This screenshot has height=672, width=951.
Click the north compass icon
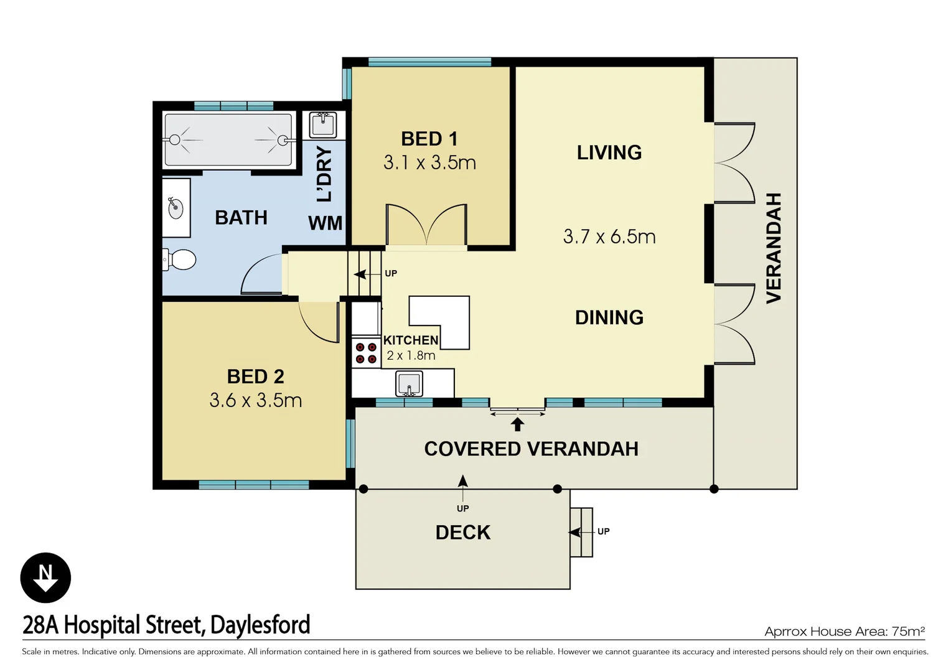[x=45, y=577]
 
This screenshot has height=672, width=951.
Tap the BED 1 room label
[x=429, y=139]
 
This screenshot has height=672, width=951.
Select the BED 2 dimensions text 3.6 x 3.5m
[x=255, y=400]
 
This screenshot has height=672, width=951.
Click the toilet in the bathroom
[x=180, y=259]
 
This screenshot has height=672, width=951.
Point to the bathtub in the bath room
[x=228, y=140]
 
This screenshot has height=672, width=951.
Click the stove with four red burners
[x=366, y=353]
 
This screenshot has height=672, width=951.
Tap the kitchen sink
[x=409, y=383]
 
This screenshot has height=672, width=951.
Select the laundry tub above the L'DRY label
[x=322, y=124]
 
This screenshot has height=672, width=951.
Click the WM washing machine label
[x=325, y=223]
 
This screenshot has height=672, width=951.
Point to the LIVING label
[x=609, y=152]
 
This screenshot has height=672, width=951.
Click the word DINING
[x=609, y=317]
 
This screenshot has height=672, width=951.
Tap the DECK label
[x=462, y=533]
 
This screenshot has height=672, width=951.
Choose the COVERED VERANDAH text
[x=531, y=449]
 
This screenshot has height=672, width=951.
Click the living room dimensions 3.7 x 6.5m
[x=609, y=237]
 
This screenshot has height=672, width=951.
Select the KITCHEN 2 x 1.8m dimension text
[x=411, y=356]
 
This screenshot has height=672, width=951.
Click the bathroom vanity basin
[x=176, y=208]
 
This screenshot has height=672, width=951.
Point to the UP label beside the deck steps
[x=603, y=531]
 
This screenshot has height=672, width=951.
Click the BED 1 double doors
[x=426, y=225]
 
